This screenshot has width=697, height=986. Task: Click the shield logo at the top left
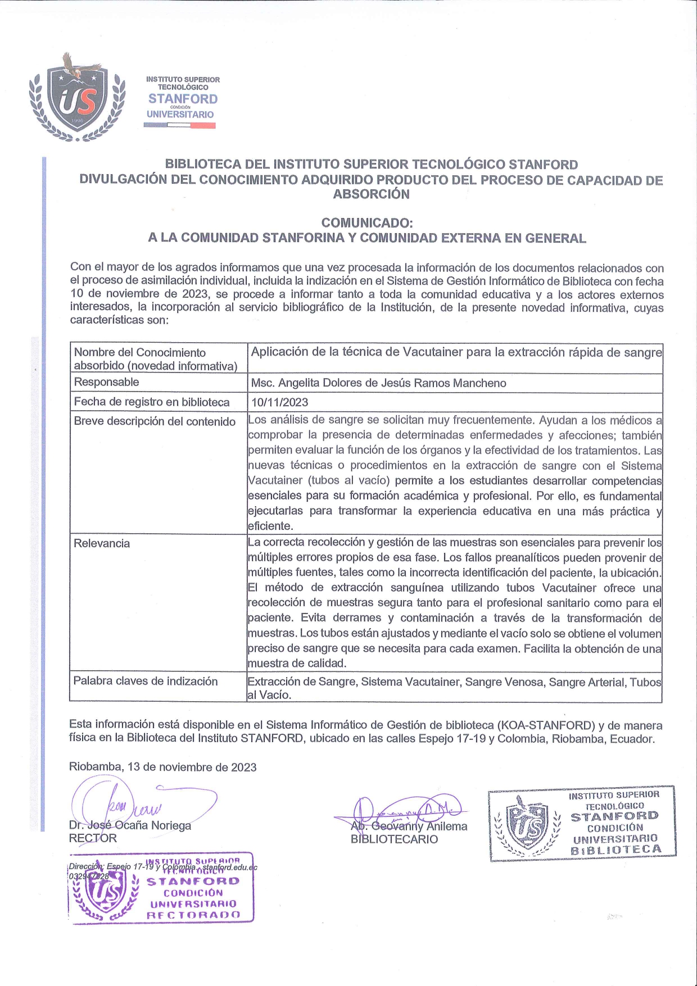coord(76,100)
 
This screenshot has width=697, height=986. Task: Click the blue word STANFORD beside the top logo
coord(183,99)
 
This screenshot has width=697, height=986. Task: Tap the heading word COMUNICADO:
coord(367,223)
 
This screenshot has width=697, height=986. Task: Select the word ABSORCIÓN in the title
coord(371,194)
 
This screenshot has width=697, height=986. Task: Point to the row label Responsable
coord(106,382)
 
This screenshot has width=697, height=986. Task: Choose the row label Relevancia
coord(102,543)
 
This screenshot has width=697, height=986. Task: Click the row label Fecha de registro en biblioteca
coord(152,402)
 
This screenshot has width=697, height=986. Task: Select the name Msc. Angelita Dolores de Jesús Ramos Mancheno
coord(378,383)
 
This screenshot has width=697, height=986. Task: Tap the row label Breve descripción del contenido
coord(155,421)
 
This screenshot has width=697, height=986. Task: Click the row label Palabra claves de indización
coord(146,681)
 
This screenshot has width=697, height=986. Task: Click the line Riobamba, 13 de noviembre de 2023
coord(162,767)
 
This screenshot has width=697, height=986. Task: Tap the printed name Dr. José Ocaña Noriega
coord(130,825)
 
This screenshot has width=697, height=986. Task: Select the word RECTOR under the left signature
coord(93,838)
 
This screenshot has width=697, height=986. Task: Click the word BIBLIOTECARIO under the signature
coord(394,839)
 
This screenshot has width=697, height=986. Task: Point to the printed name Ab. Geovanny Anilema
coord(409,826)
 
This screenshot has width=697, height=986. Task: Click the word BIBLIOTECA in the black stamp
coord(616,850)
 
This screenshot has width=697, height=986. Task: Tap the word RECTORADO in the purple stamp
coord(193,915)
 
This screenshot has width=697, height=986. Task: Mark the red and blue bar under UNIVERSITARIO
coord(180,125)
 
